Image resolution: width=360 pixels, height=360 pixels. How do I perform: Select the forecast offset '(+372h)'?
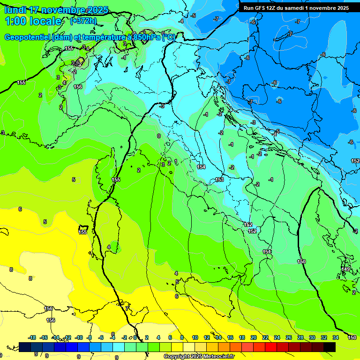click(x=83, y=21)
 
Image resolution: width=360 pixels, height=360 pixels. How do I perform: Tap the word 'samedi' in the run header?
click(x=297, y=8)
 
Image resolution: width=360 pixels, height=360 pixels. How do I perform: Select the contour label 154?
click(x=201, y=167)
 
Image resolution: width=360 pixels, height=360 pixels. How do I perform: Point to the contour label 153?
click(x=219, y=180)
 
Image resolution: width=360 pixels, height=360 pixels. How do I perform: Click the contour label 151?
click(x=267, y=252)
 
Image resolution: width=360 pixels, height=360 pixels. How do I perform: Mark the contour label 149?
click(x=346, y=269)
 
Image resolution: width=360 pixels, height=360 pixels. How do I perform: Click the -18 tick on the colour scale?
click(x=32, y=337)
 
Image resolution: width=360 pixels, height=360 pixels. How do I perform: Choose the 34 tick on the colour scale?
click(x=336, y=337)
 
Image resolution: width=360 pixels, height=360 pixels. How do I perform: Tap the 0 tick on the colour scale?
click(x=135, y=337)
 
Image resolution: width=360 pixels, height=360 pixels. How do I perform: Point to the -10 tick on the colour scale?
click(x=78, y=337)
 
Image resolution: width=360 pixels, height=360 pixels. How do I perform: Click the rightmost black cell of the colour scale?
click(x=330, y=347)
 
